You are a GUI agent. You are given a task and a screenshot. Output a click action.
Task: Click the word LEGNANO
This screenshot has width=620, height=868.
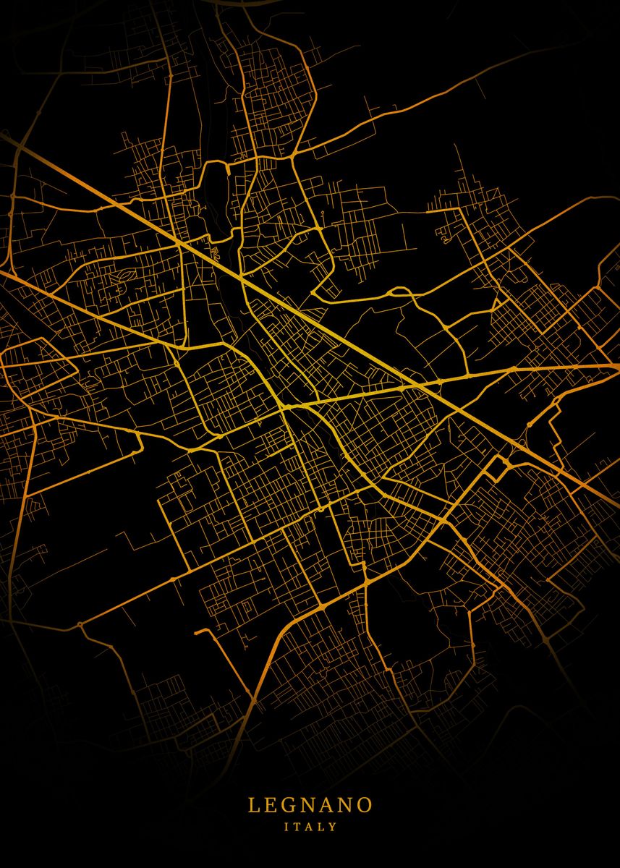pos(310,805)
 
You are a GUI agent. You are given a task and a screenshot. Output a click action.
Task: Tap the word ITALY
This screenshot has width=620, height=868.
pos(310,826)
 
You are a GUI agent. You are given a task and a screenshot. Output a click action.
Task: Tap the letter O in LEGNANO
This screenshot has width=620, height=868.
pos(366,805)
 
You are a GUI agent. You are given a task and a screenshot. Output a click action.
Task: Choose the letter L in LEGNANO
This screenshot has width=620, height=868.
pos(253,805)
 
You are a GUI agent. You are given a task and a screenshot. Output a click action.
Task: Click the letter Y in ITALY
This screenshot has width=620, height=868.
pos(333,826)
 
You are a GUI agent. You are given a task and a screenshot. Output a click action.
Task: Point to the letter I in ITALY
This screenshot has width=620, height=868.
pos(287,826)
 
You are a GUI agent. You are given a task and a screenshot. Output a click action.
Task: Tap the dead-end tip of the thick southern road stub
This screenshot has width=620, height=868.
pos(196,631)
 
